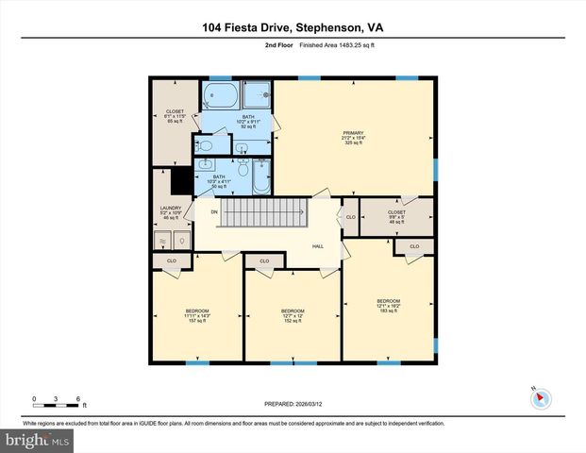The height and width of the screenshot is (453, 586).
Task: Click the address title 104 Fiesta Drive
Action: point(292,28)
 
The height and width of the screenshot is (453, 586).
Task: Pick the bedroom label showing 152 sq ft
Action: point(292,315)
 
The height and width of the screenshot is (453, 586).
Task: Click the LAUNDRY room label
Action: point(171,212)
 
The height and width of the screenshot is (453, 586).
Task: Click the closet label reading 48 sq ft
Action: point(396,217)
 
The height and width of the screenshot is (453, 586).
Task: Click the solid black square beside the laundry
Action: point(181,180)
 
